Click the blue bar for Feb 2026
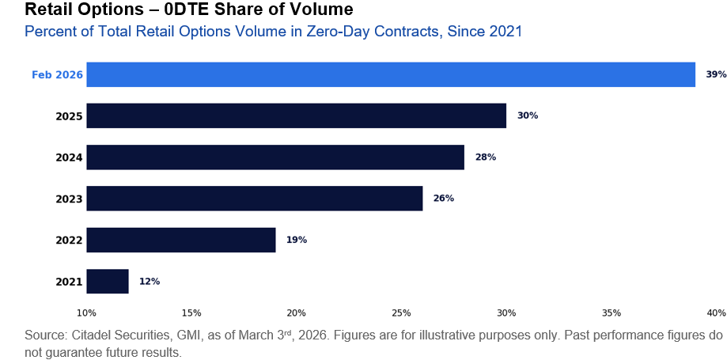coord(391,74)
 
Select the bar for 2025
coord(296,116)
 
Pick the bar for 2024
coord(275,157)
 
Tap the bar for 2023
coord(254,198)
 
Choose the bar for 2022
coord(180,240)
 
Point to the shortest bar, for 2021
coord(108,281)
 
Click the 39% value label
coord(716,74)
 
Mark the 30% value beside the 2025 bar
coord(528,116)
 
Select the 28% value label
coord(486,157)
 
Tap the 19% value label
coord(297,240)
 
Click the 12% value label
coord(150,281)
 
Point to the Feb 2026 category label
coord(57,74)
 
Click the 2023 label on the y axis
coord(69,199)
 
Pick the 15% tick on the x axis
coord(191,313)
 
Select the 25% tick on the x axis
coord(401,313)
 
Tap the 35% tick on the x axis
coord(612,313)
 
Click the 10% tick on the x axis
coord(86,313)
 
